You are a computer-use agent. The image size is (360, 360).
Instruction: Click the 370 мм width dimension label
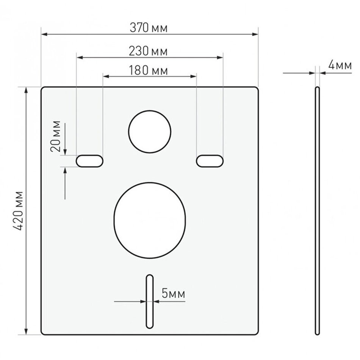coord(149,28)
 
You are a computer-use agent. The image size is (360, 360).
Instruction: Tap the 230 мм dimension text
coord(148,51)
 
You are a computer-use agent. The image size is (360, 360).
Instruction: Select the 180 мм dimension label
coord(148,70)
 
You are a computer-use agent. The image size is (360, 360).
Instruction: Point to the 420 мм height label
coord(18,211)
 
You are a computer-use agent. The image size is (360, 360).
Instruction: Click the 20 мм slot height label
coord(56,136)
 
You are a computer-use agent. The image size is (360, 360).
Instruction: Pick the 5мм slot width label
coord(173,293)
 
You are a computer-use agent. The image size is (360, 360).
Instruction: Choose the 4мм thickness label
coord(340,65)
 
